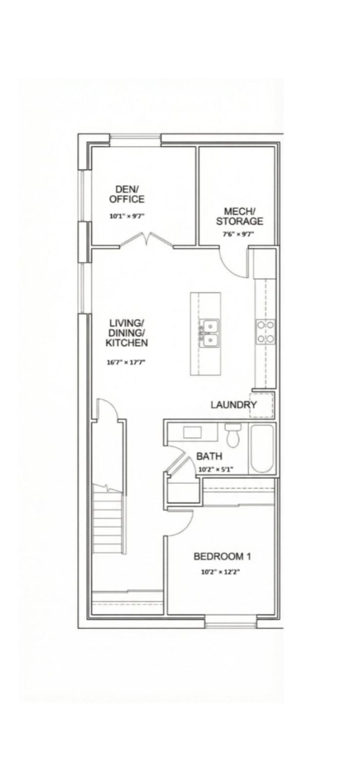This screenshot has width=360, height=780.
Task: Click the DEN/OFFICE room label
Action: coord(127,195)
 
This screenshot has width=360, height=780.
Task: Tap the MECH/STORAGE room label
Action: coord(240,216)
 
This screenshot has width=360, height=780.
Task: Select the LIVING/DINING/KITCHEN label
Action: coord(127,332)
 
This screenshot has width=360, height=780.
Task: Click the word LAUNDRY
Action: coord(234,405)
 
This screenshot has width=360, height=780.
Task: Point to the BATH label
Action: coord(209,456)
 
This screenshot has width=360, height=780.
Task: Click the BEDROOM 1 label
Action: coord(222,556)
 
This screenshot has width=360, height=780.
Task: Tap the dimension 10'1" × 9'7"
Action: coord(127,216)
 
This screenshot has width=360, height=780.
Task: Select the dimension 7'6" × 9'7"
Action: coord(239,234)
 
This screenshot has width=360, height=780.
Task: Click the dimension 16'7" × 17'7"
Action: coord(126,362)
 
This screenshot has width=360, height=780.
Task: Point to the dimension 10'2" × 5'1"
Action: coord(216,469)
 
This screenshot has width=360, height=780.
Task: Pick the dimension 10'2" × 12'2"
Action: coord(220,572)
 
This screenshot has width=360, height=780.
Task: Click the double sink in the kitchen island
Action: coord(209,333)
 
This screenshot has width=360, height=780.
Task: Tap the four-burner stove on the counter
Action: coord(265,332)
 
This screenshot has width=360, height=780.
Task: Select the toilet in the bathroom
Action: coord(233,435)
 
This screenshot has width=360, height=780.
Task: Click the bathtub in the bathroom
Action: coord(262,448)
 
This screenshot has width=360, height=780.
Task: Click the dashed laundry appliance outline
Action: coord(261,405)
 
